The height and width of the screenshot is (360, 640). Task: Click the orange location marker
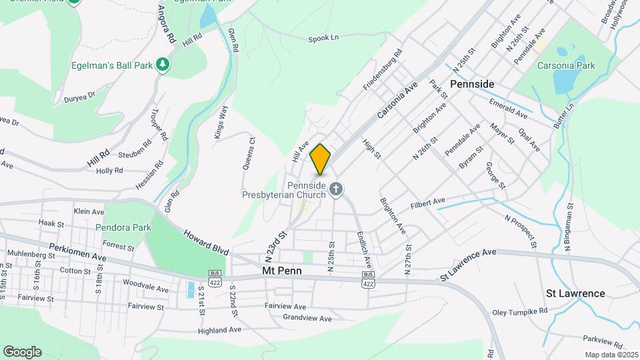pos(320,159)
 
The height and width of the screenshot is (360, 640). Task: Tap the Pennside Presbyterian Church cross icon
pos(336,191)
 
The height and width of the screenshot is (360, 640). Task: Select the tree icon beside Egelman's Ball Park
pos(162,65)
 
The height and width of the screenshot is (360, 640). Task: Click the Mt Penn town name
pos(282,271)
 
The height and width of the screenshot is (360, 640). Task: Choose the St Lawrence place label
pos(575,293)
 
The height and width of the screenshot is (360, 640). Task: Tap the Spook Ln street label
pos(324,38)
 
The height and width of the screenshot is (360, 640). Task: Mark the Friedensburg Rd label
pos(383,70)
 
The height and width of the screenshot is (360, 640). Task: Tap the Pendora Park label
pos(123,227)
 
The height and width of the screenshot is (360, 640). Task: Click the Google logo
pos(22,351)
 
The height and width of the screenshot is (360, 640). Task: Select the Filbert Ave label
pos(427,201)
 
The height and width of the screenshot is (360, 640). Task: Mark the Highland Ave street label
pos(219,330)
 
